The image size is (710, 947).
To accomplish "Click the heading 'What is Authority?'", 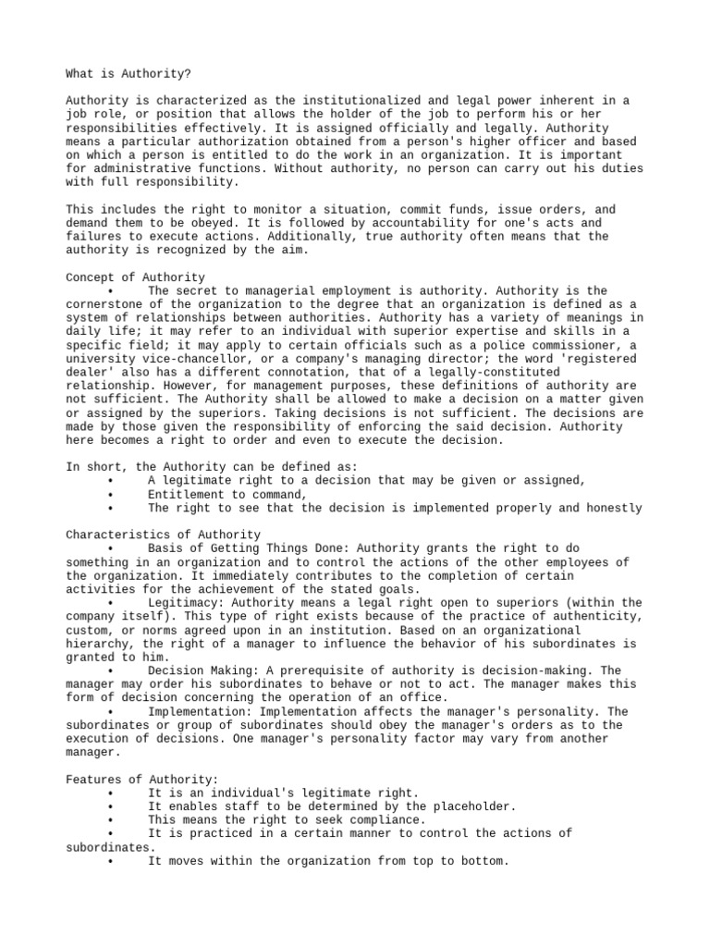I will pyautogui.click(x=129, y=74).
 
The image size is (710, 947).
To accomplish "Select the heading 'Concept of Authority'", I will pyautogui.click(x=136, y=277).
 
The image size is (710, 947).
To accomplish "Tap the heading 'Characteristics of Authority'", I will pyautogui.click(x=163, y=535).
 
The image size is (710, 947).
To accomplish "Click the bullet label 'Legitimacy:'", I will pyautogui.click(x=187, y=603).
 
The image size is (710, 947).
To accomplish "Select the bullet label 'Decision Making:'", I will pyautogui.click(x=204, y=670).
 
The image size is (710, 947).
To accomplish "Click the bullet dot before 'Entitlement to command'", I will pyautogui.click(x=110, y=495).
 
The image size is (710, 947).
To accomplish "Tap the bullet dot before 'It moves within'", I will pyautogui.click(x=110, y=861).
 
